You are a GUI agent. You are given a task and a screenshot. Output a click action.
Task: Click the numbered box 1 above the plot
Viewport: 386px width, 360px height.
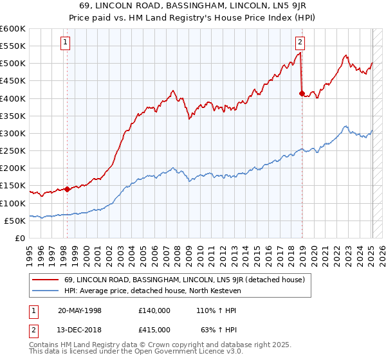tap(66, 43)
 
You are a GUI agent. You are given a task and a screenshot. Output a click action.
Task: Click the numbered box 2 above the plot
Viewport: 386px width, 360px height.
tap(300, 43)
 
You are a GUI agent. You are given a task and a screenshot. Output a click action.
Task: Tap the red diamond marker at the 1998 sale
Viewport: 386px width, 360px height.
tap(67, 189)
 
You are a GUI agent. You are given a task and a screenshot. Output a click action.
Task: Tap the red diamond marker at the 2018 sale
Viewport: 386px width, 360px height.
tap(302, 93)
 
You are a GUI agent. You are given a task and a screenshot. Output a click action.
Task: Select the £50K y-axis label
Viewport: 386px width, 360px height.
tap(15, 221)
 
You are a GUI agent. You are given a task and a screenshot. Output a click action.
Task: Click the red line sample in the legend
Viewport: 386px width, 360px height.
tap(46, 279)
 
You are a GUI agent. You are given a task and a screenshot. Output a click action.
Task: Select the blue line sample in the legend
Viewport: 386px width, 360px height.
tap(46, 291)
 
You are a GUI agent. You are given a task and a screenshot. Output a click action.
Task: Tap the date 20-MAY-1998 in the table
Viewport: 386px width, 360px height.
tap(80, 310)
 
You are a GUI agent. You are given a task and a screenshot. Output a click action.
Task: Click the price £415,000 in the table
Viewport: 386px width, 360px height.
tap(154, 332)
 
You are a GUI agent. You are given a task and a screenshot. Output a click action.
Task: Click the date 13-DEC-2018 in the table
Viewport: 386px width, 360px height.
tap(80, 332)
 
